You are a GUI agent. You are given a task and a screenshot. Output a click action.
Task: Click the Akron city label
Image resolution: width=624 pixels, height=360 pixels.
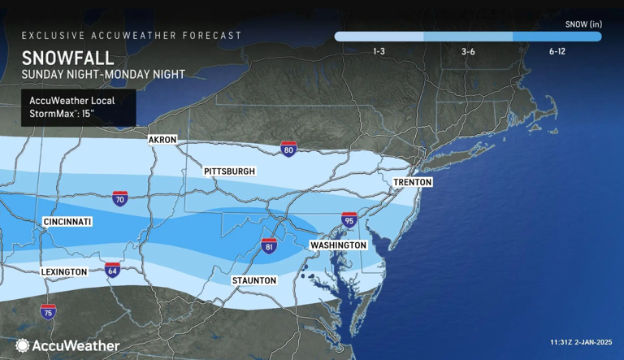pos(162,140)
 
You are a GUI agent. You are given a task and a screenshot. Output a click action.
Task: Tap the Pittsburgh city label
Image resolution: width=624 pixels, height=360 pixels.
pos(230,171)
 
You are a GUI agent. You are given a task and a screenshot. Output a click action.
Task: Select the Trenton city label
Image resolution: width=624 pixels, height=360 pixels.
pos(413,182)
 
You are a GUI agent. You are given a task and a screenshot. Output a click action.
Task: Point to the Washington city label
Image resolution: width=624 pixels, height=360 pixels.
pos(339,245)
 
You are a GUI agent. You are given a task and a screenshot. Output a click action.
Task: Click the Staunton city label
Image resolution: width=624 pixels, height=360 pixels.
pos(253,280)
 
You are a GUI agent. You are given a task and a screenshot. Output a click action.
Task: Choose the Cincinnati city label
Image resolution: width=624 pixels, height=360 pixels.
pos(67,222)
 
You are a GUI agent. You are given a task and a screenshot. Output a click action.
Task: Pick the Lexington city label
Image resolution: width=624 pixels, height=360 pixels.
pos(62,271)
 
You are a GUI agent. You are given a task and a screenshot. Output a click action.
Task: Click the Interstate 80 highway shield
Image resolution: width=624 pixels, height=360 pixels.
pos(288,150)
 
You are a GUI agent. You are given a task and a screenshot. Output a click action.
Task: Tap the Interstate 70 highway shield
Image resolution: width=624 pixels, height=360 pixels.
pos(119,199)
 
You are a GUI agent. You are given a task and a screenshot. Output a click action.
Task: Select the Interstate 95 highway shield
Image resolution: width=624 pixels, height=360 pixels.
pos(349,219)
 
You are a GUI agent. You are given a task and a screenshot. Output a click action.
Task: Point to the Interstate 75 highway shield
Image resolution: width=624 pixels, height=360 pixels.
pos(48,312)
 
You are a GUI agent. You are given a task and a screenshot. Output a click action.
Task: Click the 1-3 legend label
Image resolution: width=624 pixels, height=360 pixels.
pos(379,51)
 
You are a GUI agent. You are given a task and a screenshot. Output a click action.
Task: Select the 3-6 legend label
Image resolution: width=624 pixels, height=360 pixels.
pos(468,51)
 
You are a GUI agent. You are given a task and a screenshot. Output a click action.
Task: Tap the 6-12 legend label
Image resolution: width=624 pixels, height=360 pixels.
pos(557,51)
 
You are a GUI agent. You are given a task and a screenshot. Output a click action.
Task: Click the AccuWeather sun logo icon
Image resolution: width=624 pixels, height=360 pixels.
pos(22,345)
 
